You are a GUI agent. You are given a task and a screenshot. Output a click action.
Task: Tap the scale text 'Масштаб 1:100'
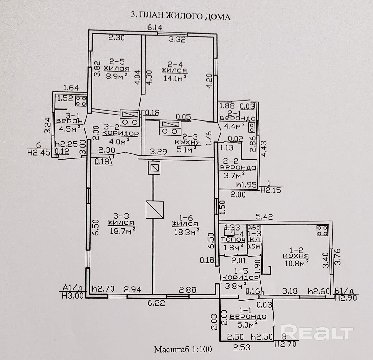[183, 349]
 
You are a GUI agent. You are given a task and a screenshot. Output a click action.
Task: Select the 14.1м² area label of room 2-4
[175, 78]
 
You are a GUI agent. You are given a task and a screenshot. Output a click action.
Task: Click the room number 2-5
[117, 62]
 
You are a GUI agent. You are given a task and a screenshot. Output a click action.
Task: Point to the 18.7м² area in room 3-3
[122, 231]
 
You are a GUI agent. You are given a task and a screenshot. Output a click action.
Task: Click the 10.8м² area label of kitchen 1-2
[296, 263]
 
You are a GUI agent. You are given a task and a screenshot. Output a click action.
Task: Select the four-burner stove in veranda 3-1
[81, 101]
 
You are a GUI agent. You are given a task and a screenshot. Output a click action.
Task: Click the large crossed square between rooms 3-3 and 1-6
[154, 210]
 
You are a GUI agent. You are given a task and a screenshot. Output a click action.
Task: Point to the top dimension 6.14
[155, 27]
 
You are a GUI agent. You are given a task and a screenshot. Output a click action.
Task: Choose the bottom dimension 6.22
[156, 303]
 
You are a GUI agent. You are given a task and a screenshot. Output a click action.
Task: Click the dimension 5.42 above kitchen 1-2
[264, 217]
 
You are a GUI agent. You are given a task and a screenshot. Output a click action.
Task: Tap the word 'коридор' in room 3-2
[120, 133]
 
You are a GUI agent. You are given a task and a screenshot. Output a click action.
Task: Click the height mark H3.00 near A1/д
[73, 295]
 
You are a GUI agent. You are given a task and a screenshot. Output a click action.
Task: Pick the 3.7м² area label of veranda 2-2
[234, 175]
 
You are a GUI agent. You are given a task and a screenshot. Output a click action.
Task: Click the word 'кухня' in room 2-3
[188, 143]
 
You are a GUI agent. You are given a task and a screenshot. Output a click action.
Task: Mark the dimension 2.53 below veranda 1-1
[242, 347]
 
